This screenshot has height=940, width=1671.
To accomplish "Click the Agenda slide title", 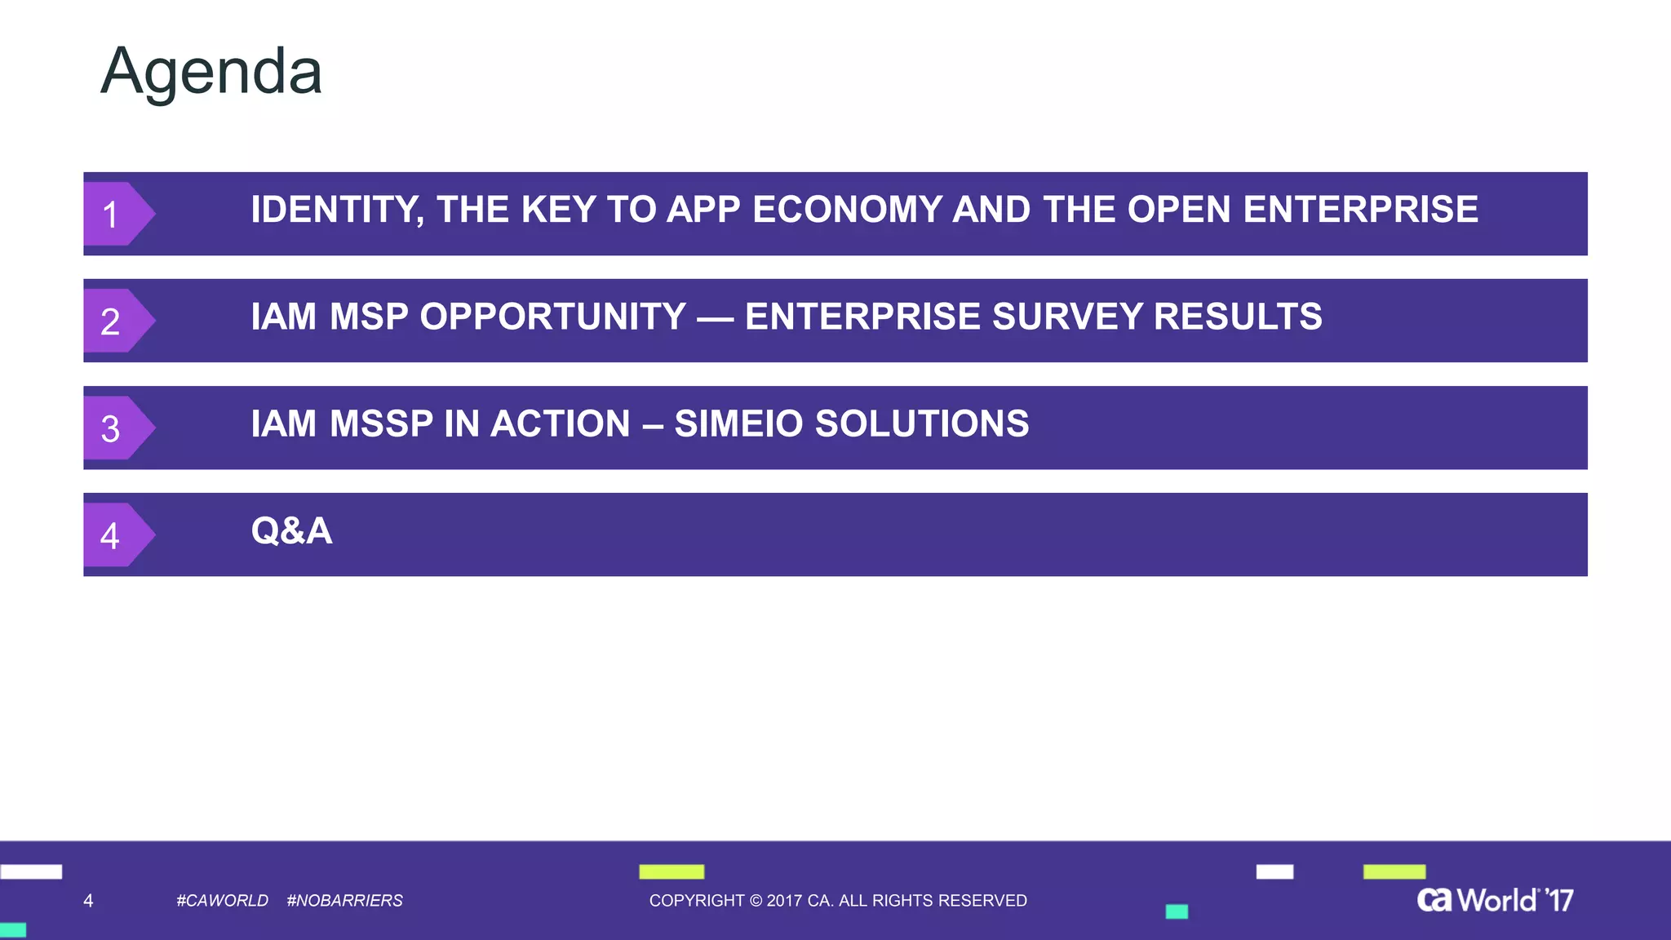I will coord(211,73).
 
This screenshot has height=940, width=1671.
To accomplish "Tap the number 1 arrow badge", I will coord(114,215).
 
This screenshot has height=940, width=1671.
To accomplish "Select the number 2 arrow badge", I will coord(114,321).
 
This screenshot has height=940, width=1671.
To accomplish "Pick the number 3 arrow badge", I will coord(114,428).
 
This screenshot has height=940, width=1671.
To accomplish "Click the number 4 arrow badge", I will coord(114,535).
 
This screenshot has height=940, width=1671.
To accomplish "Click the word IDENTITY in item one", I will coord(336,210).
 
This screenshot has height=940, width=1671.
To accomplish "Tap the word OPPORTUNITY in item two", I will coord(552,317).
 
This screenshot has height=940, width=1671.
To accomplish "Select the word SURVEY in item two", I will coord(1067,317).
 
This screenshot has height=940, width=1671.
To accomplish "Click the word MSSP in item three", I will coord(381,423).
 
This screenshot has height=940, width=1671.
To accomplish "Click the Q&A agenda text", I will coord(291,531).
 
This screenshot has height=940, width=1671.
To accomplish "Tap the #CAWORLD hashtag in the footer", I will coord(222,901).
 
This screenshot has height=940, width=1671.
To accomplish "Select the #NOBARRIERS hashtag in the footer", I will coord(344,901).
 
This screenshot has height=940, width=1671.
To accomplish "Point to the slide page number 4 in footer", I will coord(88,901).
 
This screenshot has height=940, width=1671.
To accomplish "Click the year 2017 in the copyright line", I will coord(784,901).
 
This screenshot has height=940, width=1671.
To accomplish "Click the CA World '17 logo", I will coord(1495,900).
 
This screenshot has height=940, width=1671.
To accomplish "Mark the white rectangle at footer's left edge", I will coord(31,871).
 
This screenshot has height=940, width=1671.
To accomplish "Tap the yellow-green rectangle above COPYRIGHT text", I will coord(672,871).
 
